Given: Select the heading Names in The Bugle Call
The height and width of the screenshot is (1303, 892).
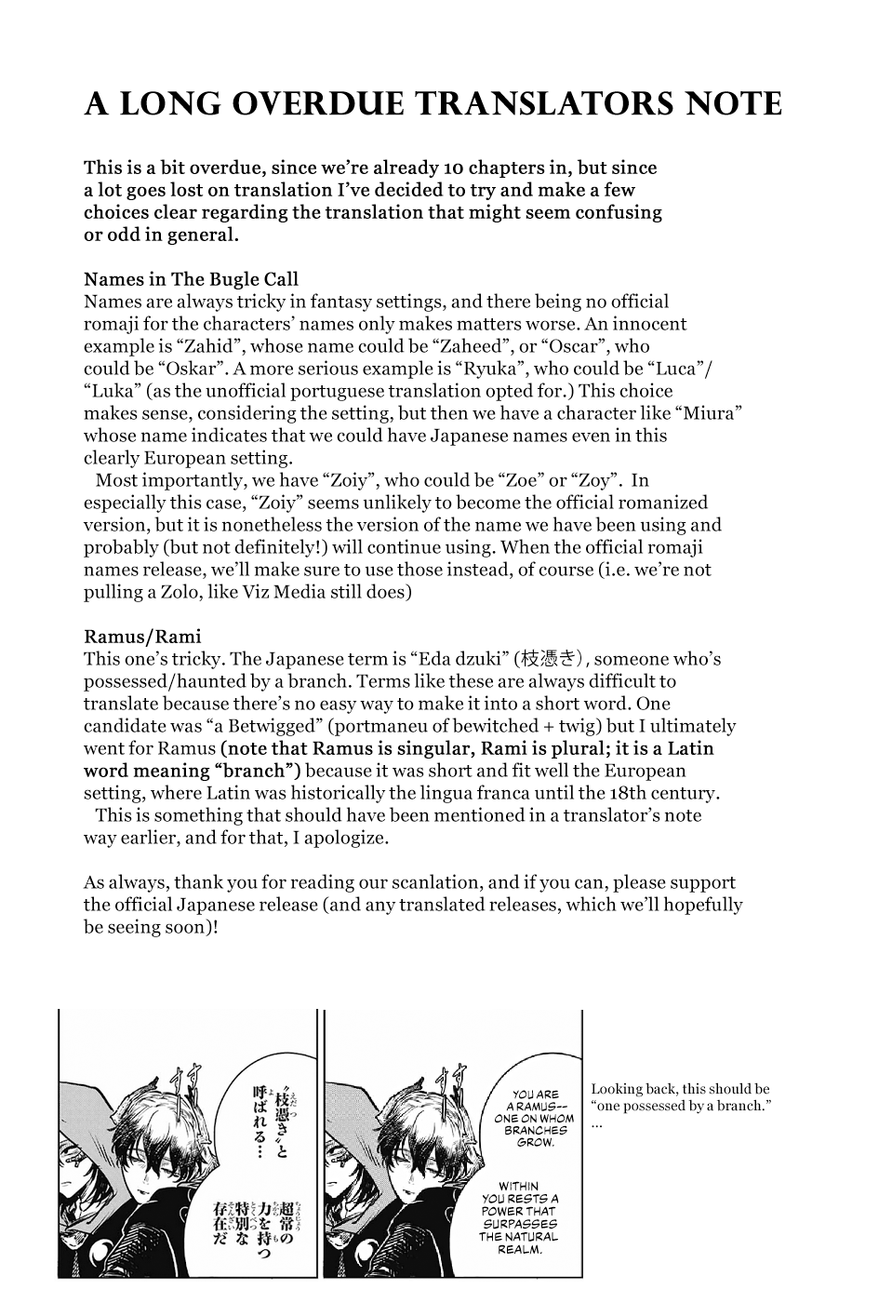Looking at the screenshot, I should (x=191, y=279).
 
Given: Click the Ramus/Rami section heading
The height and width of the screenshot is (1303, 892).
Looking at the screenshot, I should (x=142, y=637).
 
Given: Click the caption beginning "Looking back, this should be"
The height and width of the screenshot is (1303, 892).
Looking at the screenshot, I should (x=680, y=1097).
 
